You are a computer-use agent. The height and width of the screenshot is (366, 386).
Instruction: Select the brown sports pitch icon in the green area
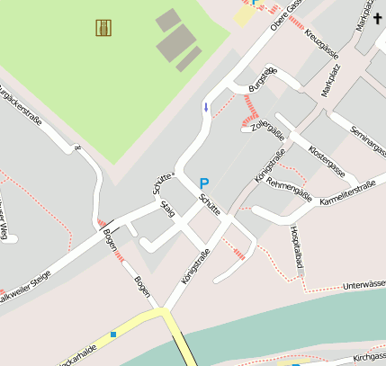(103, 28)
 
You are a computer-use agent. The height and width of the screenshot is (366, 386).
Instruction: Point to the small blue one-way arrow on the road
(206, 108)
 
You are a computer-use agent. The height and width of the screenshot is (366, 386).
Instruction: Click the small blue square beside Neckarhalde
(113, 335)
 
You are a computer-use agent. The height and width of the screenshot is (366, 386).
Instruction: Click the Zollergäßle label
(269, 131)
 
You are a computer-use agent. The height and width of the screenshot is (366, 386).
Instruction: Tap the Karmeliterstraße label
(347, 194)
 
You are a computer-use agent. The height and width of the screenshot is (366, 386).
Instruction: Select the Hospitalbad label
(296, 244)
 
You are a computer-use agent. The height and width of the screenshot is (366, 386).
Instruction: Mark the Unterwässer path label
(364, 284)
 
